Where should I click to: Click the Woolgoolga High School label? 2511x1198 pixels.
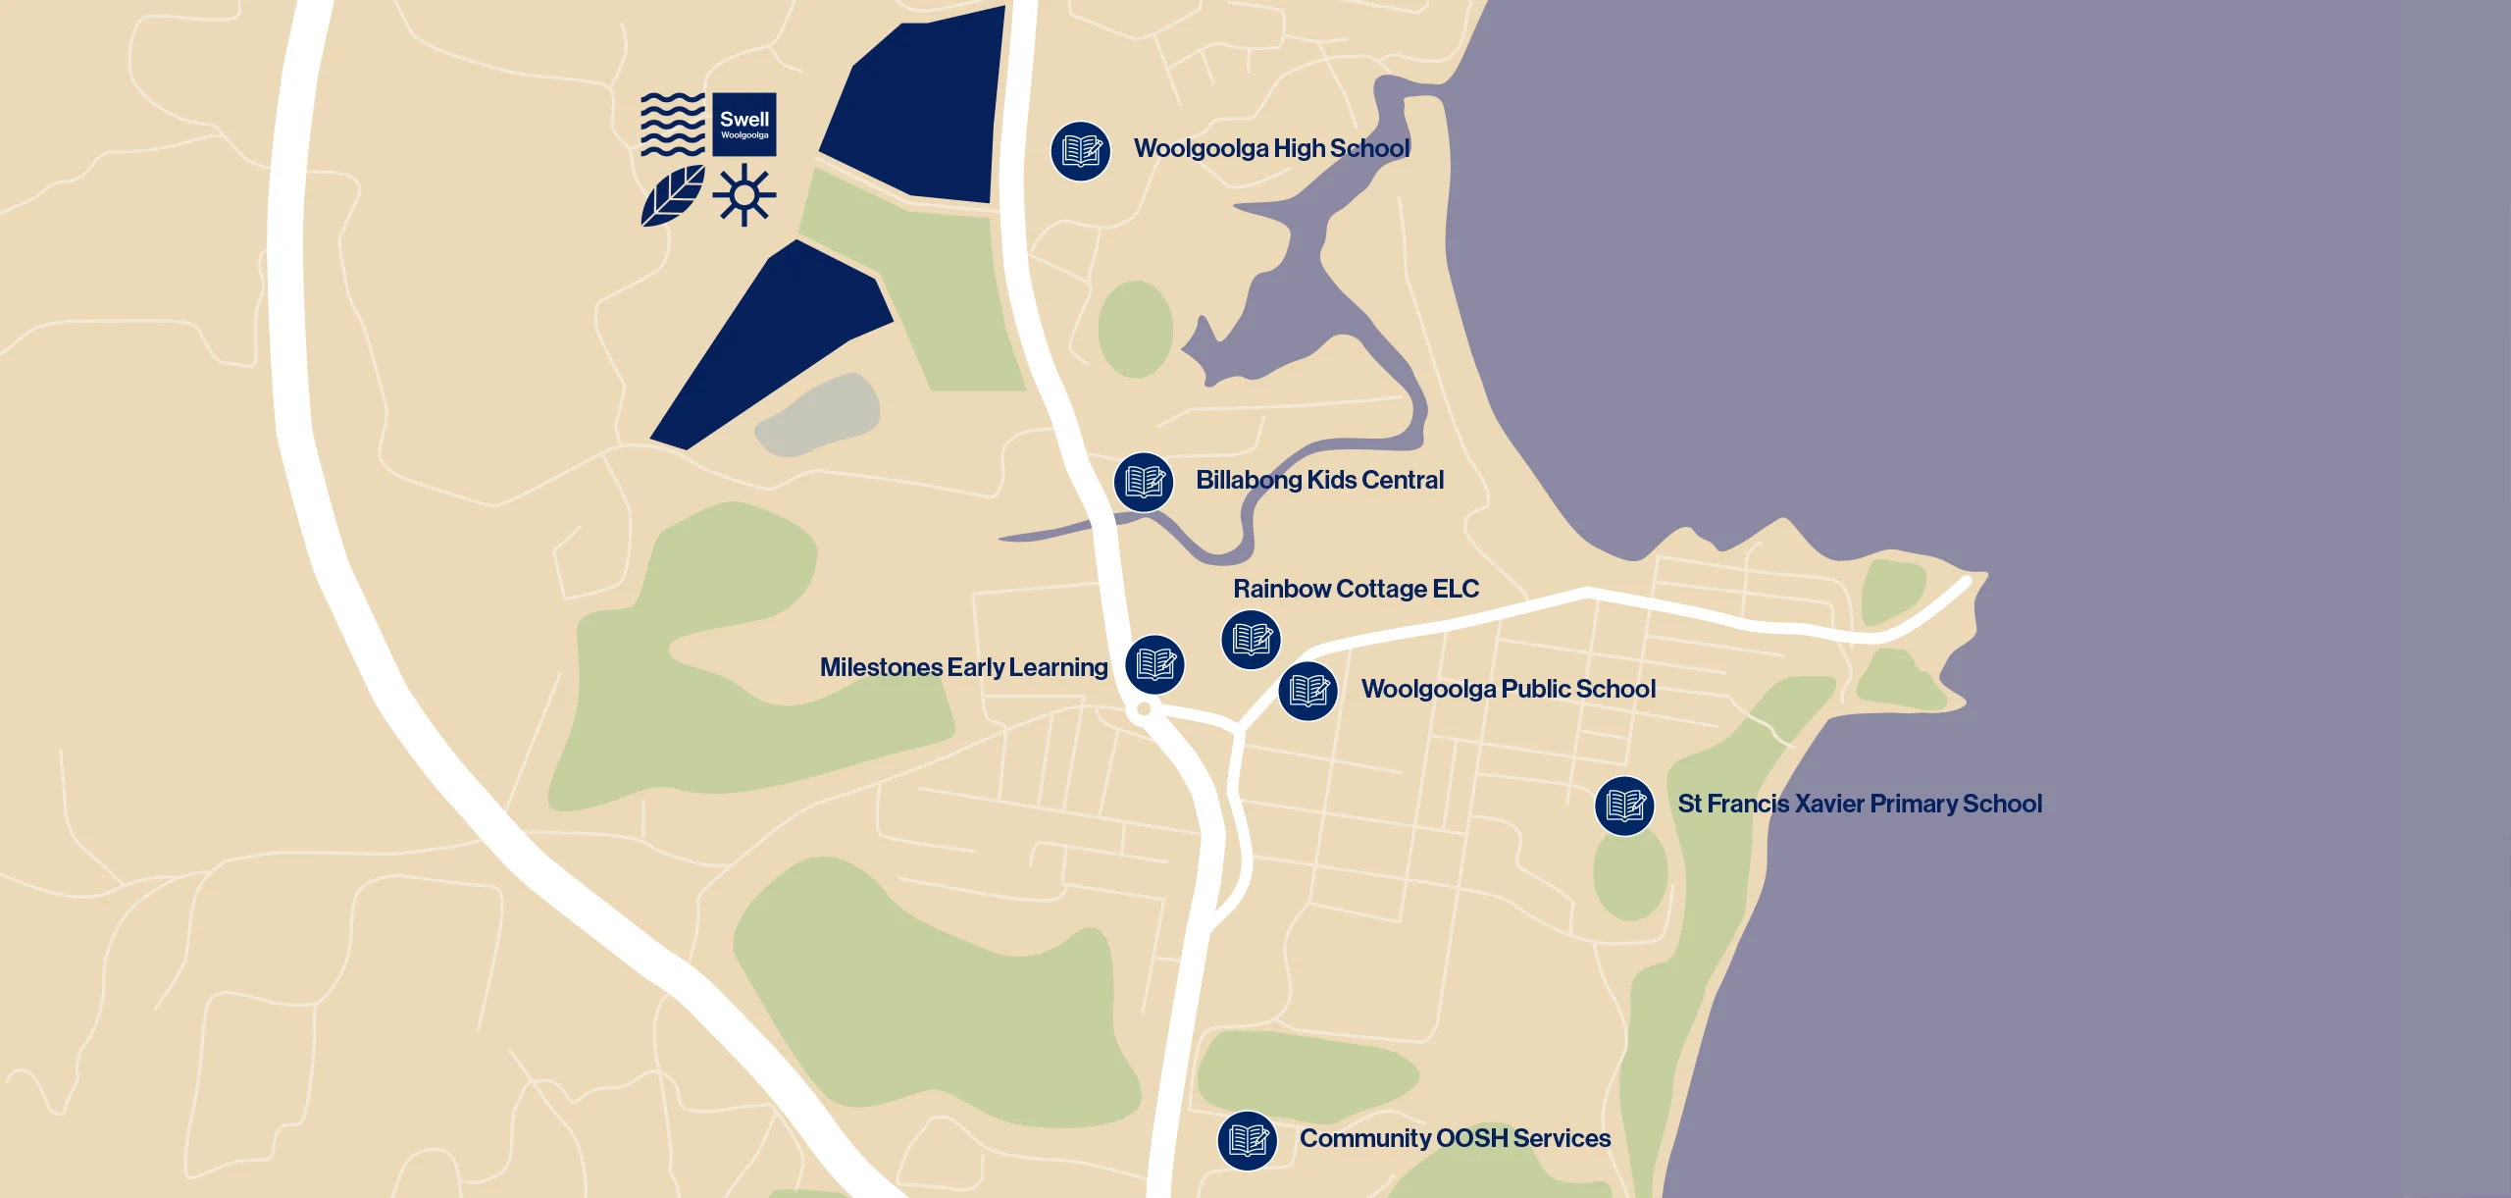[1271, 148]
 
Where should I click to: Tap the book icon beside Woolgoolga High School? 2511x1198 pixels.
[1080, 151]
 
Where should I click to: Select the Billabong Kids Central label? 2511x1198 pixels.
[1319, 480]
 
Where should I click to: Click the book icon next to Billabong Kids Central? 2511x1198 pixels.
[1143, 482]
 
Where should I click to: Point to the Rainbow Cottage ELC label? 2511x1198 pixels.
[1356, 589]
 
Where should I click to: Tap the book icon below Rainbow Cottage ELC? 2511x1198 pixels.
[1251, 640]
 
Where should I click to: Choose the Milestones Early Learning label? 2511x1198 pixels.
[963, 667]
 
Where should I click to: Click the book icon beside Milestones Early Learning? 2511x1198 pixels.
[1154, 664]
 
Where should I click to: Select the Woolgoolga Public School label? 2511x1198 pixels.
[1508, 689]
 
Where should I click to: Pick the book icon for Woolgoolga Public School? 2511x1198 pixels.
[1307, 691]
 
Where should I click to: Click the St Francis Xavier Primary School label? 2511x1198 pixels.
[1860, 804]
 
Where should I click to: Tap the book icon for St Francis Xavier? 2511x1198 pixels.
[1624, 806]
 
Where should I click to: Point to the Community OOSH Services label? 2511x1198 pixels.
[1455, 1138]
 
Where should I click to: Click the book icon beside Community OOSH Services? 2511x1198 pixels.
[1247, 1140]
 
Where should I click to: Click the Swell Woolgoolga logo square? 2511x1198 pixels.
[744, 125]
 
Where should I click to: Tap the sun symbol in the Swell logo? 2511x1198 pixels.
[744, 195]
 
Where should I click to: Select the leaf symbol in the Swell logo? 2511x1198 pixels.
[673, 195]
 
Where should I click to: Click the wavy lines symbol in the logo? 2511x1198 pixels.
[673, 125]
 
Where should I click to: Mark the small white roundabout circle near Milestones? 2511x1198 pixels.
[1144, 708]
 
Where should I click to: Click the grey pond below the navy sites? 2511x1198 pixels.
[819, 415]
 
